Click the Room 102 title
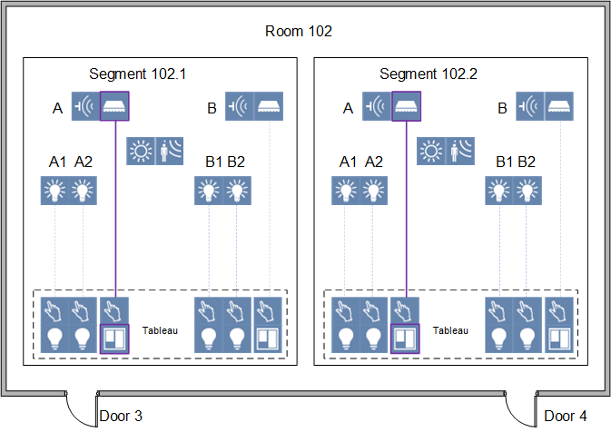coord(299,32)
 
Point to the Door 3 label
coord(121,416)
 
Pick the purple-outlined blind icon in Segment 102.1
coord(115,106)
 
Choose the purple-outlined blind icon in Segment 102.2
coord(406,106)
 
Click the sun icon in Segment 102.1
coord(141,150)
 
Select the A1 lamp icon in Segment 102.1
coord(55,191)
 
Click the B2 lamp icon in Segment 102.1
coord(237,191)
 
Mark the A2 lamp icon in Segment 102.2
coord(374,191)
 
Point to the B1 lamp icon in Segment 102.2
coord(499,191)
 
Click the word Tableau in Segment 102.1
coord(160,331)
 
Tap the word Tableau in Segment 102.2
coord(450,331)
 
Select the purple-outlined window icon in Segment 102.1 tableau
coord(115,338)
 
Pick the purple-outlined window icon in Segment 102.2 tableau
coord(406,338)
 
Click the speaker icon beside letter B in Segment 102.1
coord(239,106)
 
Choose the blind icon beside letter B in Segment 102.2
coord(558,106)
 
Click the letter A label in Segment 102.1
coord(57,109)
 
